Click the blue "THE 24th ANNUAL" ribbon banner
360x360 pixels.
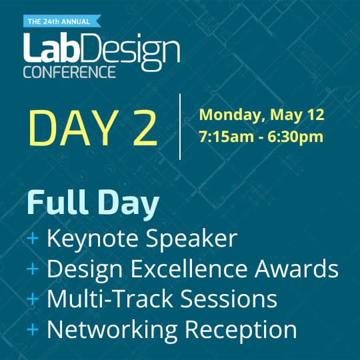[x=59, y=21]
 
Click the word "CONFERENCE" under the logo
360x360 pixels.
[x=69, y=71]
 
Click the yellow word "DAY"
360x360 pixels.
[x=69, y=127]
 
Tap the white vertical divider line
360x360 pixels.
[x=180, y=127]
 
